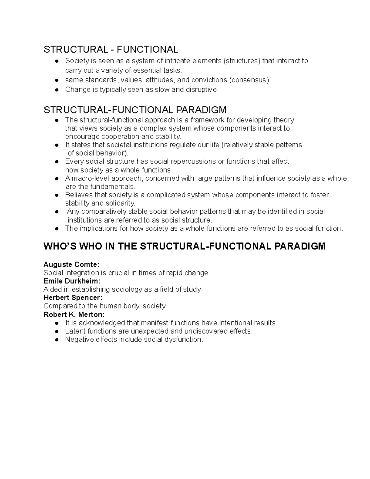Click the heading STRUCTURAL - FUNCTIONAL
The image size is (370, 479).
click(111, 49)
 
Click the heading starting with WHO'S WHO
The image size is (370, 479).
click(184, 246)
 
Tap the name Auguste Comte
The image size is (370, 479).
click(72, 265)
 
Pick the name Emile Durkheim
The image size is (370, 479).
click(72, 281)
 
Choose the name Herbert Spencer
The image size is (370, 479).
click(73, 298)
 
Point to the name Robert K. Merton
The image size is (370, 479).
click(74, 314)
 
